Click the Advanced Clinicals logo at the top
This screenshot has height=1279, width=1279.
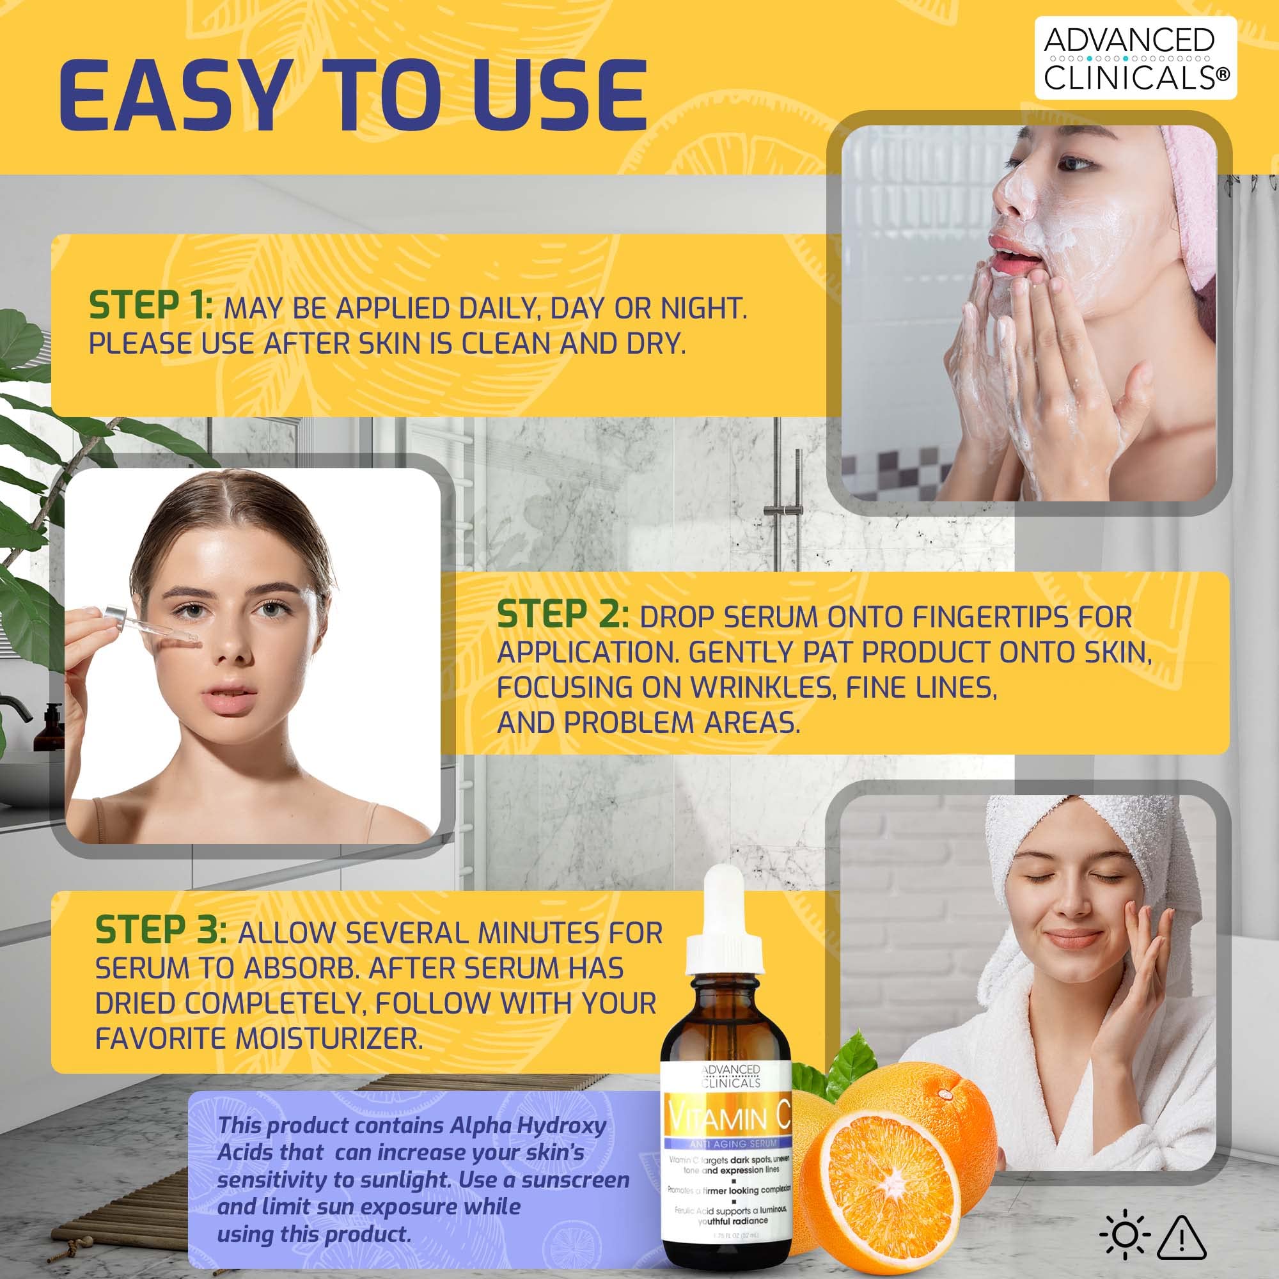1134,58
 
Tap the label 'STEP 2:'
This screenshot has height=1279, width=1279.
563,615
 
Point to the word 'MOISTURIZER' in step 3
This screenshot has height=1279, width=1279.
328,1038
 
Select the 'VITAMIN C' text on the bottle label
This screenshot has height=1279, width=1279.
727,1120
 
